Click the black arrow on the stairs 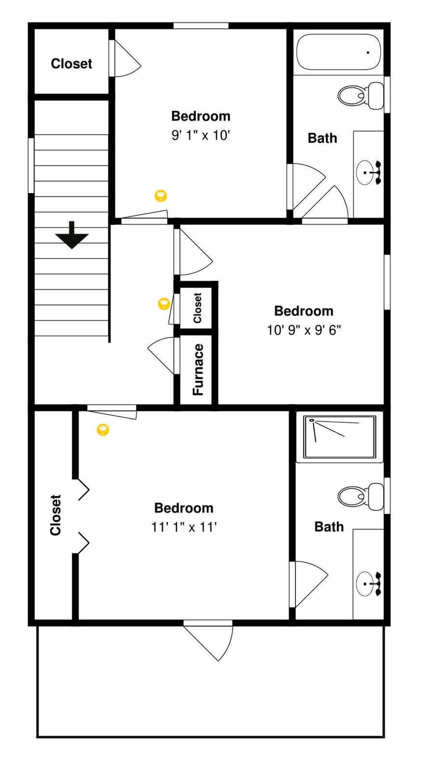point(72,235)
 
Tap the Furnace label point(198,369)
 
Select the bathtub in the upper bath point(339,52)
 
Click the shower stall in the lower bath point(339,437)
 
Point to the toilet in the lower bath point(360,496)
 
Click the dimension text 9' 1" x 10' point(201,135)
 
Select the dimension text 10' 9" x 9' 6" point(304,330)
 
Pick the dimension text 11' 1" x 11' point(184,527)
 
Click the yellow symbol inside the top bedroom point(161,196)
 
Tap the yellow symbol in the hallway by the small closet point(164,304)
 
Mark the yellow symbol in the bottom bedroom point(103,430)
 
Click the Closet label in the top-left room point(71,63)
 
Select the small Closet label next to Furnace point(198,308)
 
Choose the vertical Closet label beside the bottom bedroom point(55,515)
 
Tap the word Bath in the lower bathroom point(329,526)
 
